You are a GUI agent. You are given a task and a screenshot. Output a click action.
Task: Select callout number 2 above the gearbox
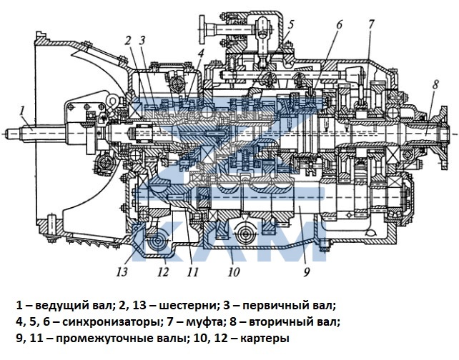(127, 41)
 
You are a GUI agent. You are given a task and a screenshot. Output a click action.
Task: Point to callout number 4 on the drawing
(202, 53)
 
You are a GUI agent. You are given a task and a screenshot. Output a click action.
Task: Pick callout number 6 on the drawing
(340, 25)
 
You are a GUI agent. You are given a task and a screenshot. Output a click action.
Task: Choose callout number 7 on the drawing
(370, 25)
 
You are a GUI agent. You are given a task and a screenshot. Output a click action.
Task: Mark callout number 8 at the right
(435, 84)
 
